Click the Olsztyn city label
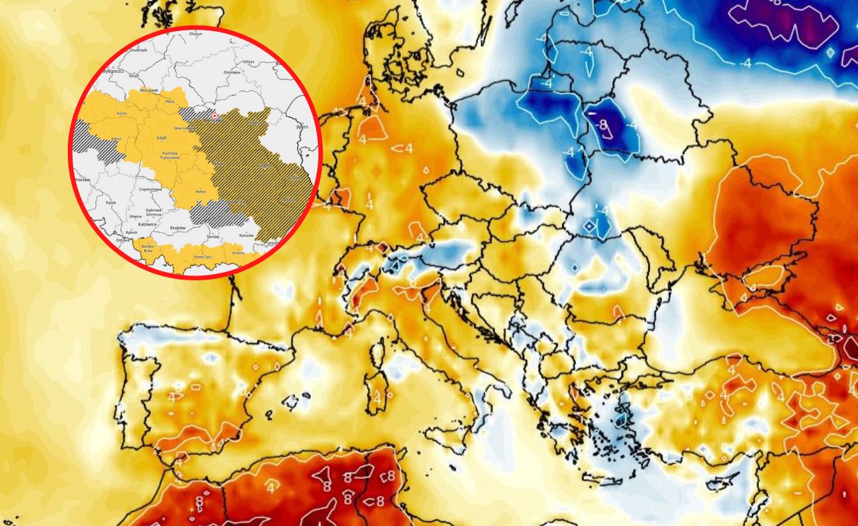[x=196, y=34]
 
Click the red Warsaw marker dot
[x=215, y=116]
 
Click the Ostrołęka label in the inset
[x=233, y=72]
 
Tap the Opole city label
[x=111, y=203]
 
